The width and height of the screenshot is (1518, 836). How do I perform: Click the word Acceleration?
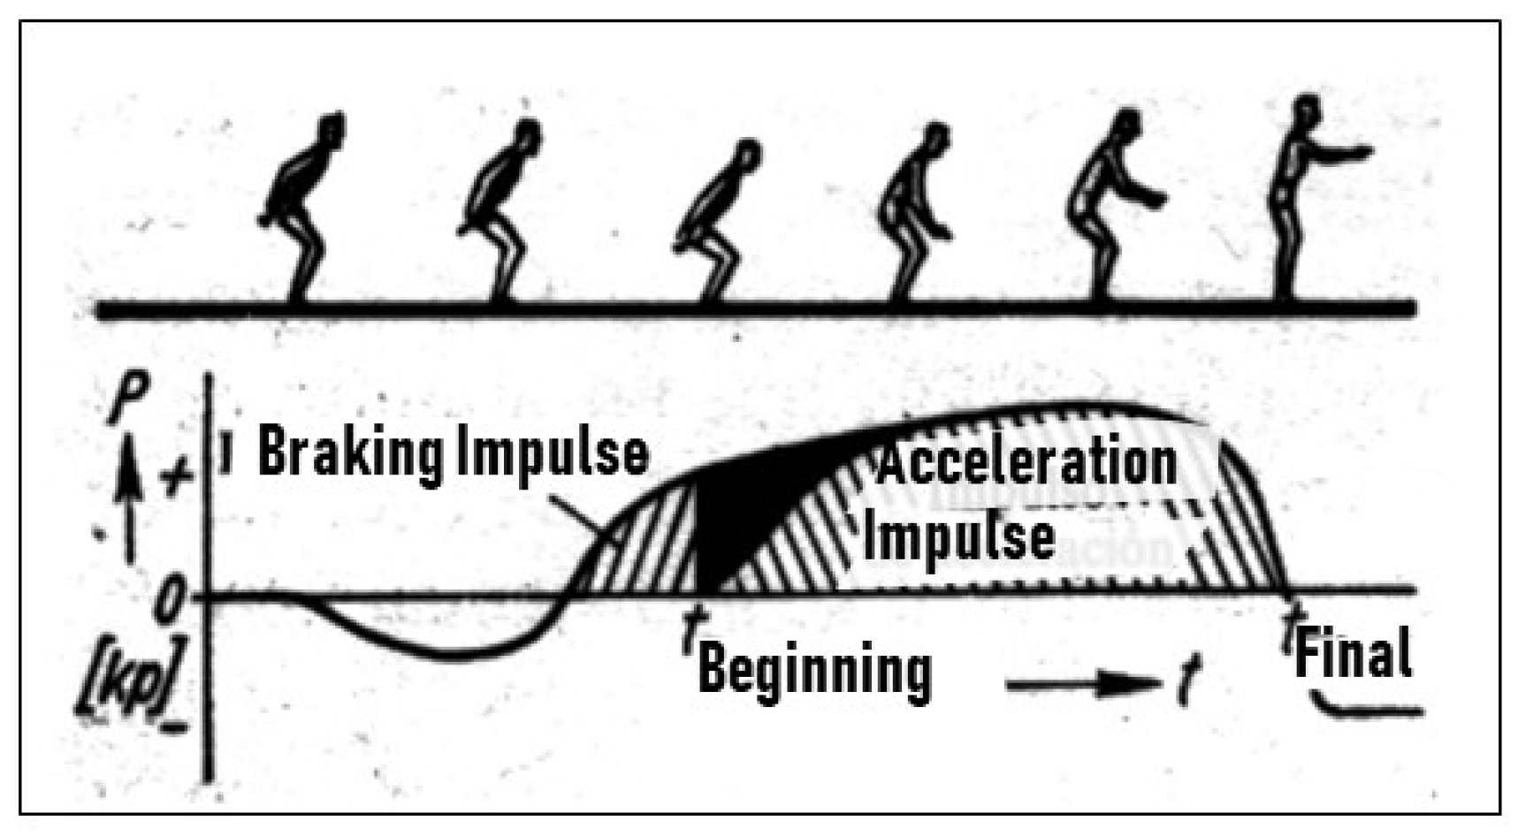click(x=1026, y=461)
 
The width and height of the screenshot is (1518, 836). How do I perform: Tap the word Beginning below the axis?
click(x=815, y=671)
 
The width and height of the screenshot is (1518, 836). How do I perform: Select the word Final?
click(x=1353, y=655)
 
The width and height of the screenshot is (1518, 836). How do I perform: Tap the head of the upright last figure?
click(x=1301, y=110)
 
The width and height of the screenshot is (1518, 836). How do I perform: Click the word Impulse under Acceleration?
click(x=958, y=536)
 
